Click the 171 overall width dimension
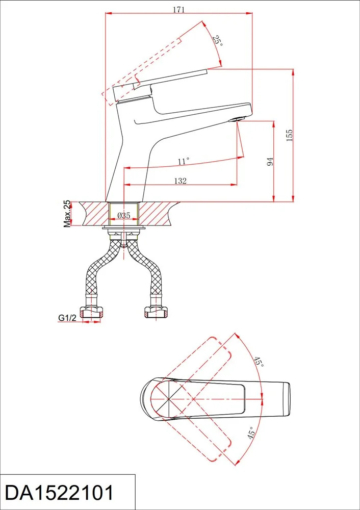coord(178,9)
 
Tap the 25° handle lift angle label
coord(218,40)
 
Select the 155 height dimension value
coord(289,135)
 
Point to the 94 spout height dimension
coord(270,162)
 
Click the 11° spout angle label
coord(184,161)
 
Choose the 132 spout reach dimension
coord(180,181)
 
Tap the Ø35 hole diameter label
coord(123,215)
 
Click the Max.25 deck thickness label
coord(67,214)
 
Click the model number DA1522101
coord(60,493)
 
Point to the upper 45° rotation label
coord(259,362)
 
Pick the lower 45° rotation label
coord(251,433)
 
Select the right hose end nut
coord(156,313)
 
